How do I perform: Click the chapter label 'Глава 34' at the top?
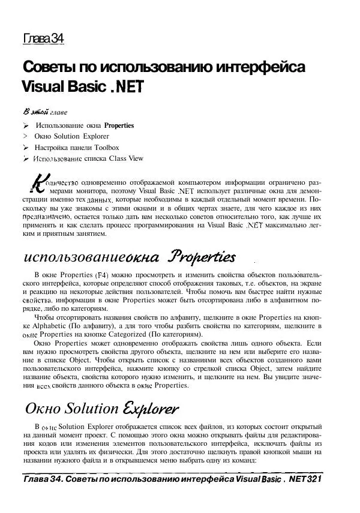coord(43,40)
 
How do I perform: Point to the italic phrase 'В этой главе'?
coord(45,112)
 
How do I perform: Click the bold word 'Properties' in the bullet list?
coord(119,126)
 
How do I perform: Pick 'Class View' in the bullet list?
coord(125,158)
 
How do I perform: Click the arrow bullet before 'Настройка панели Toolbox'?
coord(26,148)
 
